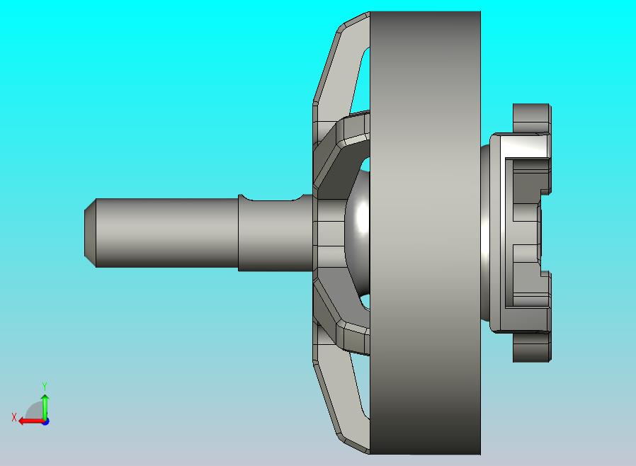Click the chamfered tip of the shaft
click(x=90, y=232)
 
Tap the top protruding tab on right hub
click(x=531, y=117)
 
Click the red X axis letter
click(x=13, y=418)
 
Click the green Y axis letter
click(x=45, y=386)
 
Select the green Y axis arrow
click(x=45, y=405)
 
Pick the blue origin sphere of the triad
click(x=45, y=421)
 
